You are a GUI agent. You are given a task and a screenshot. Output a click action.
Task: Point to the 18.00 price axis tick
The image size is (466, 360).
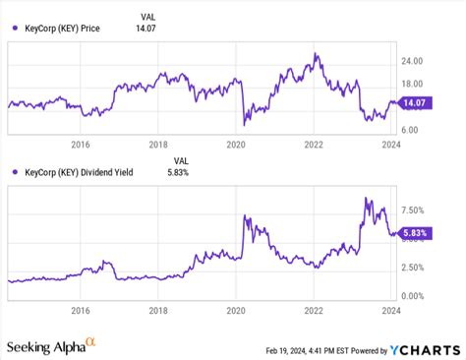coord(413,85)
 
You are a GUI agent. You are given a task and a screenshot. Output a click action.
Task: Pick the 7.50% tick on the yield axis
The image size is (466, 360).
coord(415,210)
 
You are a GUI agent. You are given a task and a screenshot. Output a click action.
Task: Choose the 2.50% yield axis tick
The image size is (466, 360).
coord(415,268)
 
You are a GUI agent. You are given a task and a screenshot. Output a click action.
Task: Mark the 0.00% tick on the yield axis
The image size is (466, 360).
coord(415,296)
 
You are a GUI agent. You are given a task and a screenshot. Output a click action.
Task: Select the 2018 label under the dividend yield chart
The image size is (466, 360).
coord(158,310)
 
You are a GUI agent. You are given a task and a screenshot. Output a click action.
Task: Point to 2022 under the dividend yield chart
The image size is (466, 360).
coord(314,310)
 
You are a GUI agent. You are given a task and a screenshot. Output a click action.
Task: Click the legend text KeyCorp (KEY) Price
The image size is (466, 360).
coord(64,28)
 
